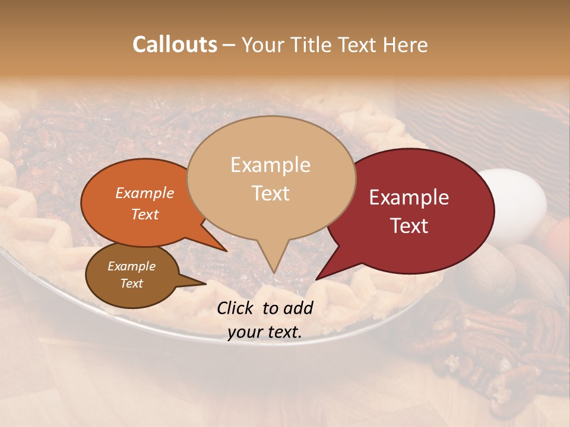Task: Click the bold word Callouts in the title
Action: (175, 45)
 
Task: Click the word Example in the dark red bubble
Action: (409, 197)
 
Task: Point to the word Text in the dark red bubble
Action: (409, 226)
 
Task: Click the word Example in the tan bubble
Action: (270, 165)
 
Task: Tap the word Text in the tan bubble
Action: (270, 193)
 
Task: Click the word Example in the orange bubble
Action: (144, 193)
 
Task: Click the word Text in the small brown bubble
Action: (131, 283)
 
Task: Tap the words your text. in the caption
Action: (264, 333)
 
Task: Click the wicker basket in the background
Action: (487, 119)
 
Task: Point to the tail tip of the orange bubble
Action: (226, 250)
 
